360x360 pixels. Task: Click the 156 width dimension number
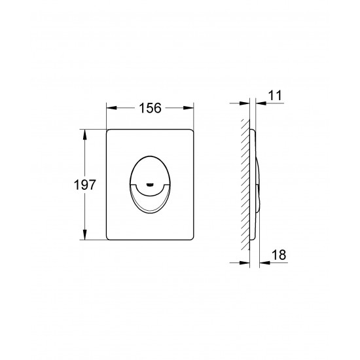(x=150, y=108)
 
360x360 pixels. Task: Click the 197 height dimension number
(x=84, y=185)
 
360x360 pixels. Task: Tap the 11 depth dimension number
(x=275, y=96)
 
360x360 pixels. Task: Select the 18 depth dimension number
(x=279, y=255)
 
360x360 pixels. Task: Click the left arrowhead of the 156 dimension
(x=111, y=108)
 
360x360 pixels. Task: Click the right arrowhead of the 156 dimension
(x=189, y=108)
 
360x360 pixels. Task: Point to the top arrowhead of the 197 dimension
(x=84, y=135)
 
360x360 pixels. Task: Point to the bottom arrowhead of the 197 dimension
(x=84, y=234)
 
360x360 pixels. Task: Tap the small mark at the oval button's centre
(x=150, y=185)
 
